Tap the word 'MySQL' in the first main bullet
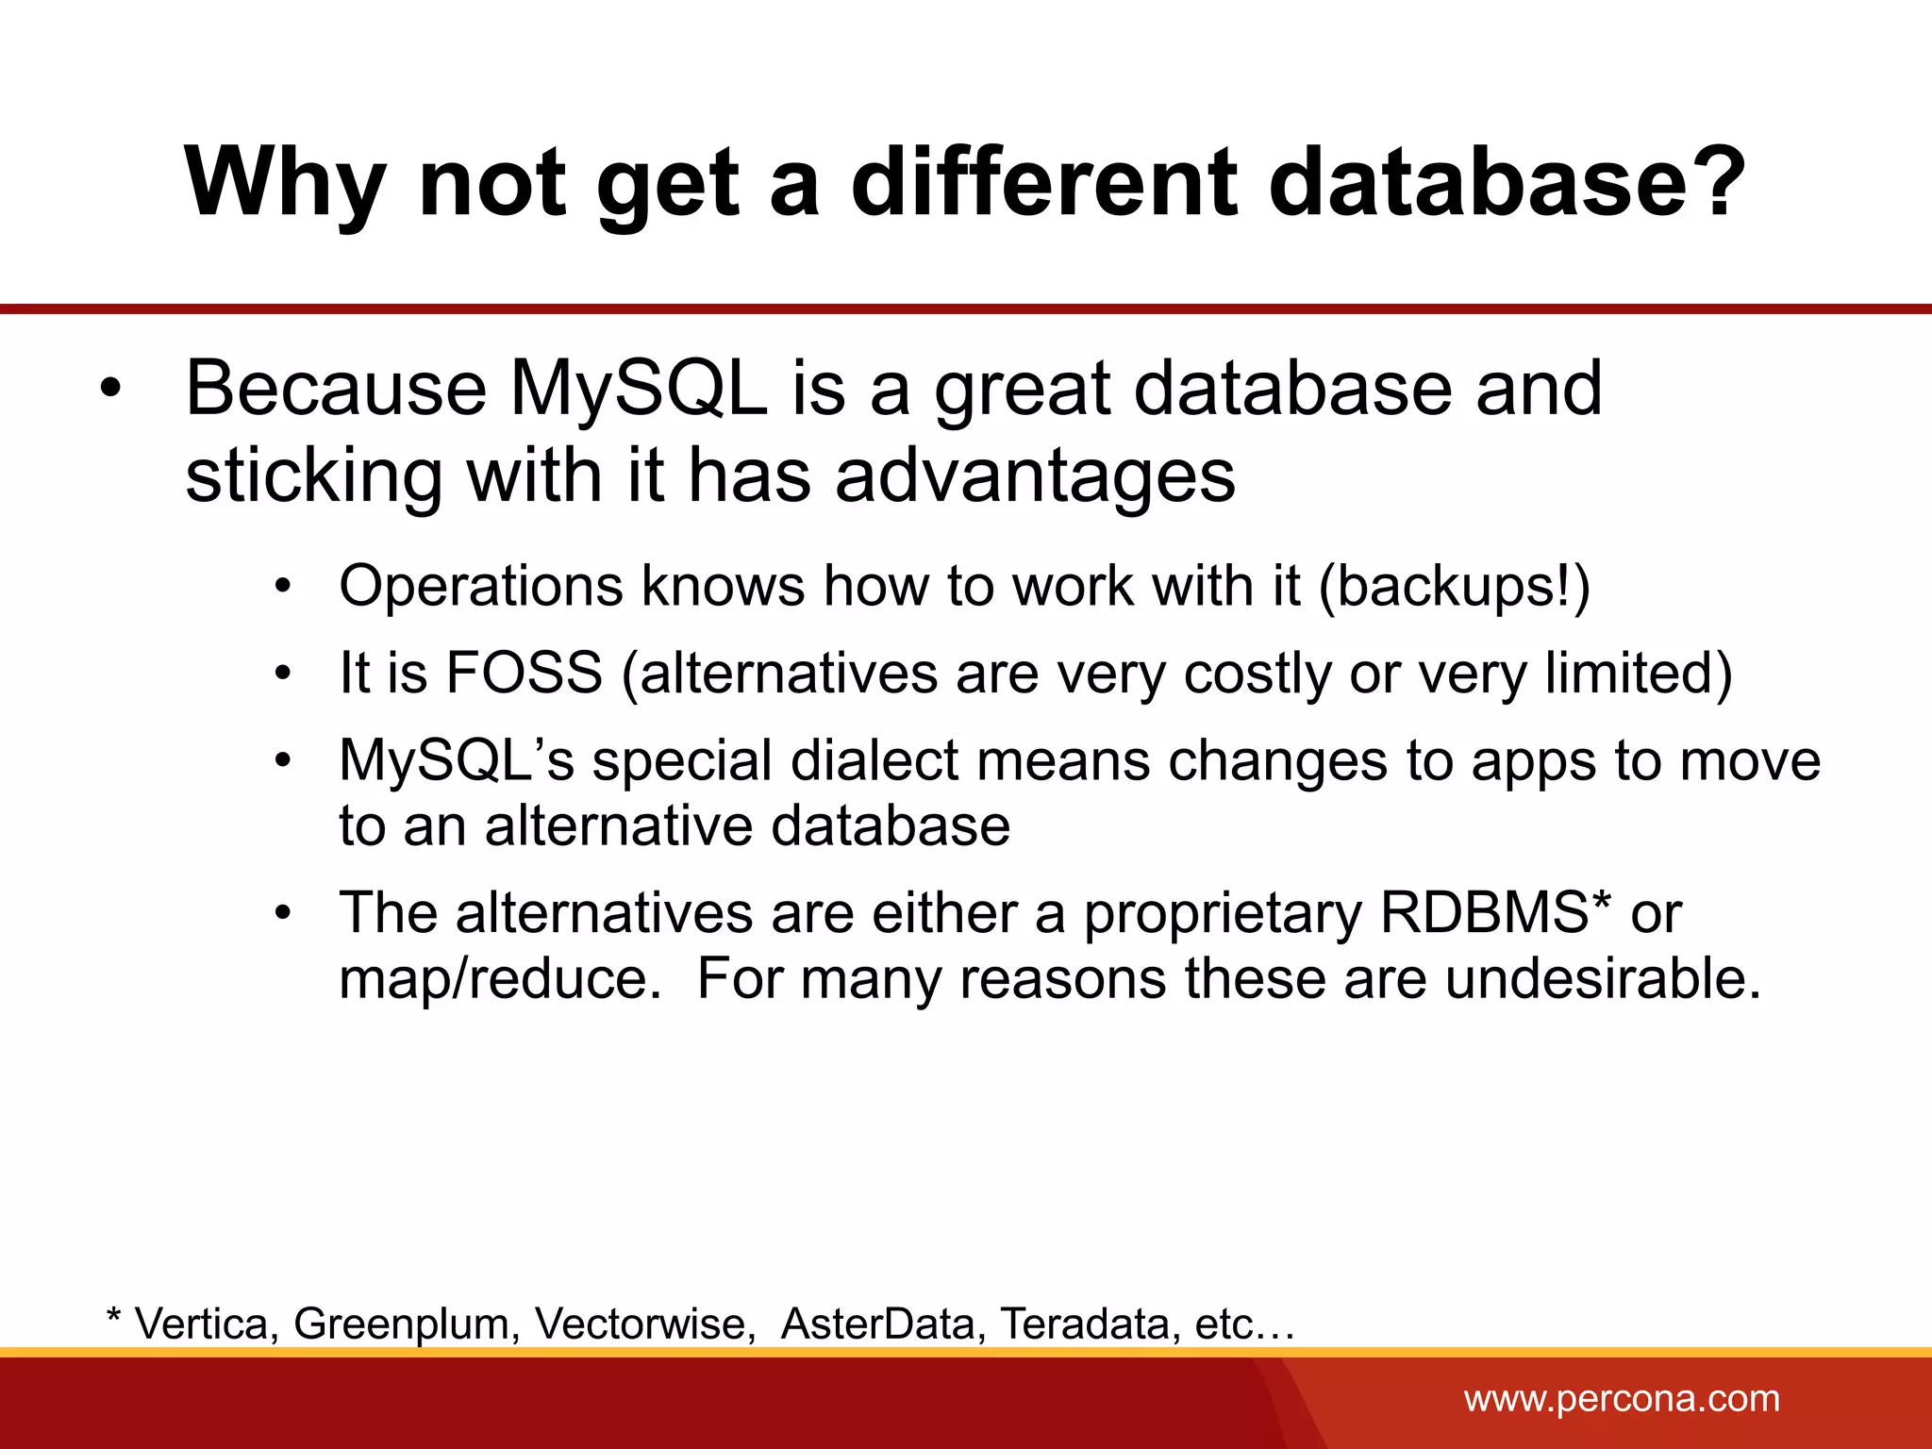pos(638,388)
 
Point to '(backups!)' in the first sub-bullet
pos(1454,586)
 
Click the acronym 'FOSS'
pos(524,673)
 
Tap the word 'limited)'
pos(1639,673)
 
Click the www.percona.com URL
pos(1622,1398)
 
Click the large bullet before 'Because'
pos(111,390)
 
